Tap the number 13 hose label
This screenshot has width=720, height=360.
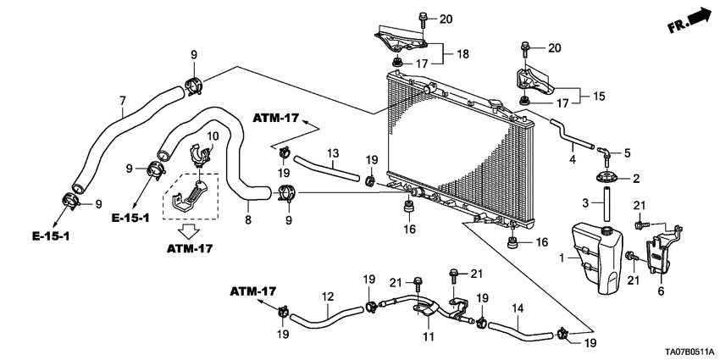click(333, 152)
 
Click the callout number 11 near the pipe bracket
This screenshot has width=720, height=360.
click(428, 337)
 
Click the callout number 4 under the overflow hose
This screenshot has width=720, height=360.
click(573, 158)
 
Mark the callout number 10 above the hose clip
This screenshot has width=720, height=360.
click(213, 136)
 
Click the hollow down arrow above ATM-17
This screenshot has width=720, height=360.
click(190, 230)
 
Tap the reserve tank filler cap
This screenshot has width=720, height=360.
click(606, 230)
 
